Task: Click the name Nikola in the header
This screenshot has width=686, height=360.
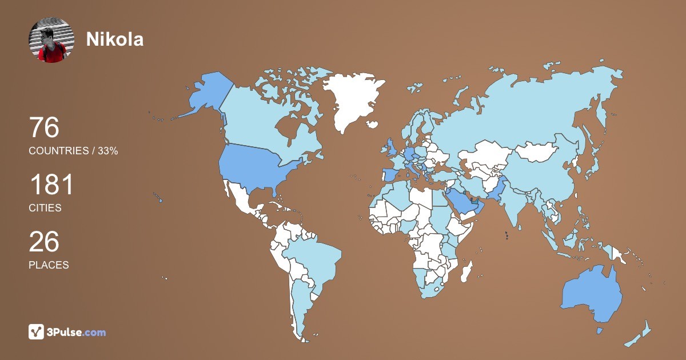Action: point(114,39)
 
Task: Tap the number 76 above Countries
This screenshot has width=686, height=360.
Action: point(45,128)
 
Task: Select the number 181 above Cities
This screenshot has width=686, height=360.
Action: point(51,185)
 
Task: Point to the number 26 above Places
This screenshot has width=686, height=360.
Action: point(45,242)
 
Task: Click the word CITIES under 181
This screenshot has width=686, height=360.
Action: point(45,208)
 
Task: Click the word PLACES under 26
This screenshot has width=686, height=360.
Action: point(49,265)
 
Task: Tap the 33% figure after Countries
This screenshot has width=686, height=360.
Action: point(108,151)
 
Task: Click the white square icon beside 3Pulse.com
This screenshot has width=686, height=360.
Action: point(37,332)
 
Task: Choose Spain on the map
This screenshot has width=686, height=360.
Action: point(390,174)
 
